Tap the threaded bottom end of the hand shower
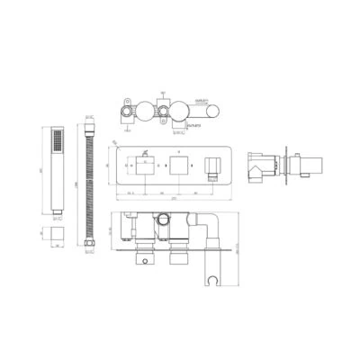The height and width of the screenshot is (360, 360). coord(58,215)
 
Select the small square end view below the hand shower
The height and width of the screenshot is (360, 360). coord(59,235)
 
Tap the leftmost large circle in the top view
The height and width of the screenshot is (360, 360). coord(143,112)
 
